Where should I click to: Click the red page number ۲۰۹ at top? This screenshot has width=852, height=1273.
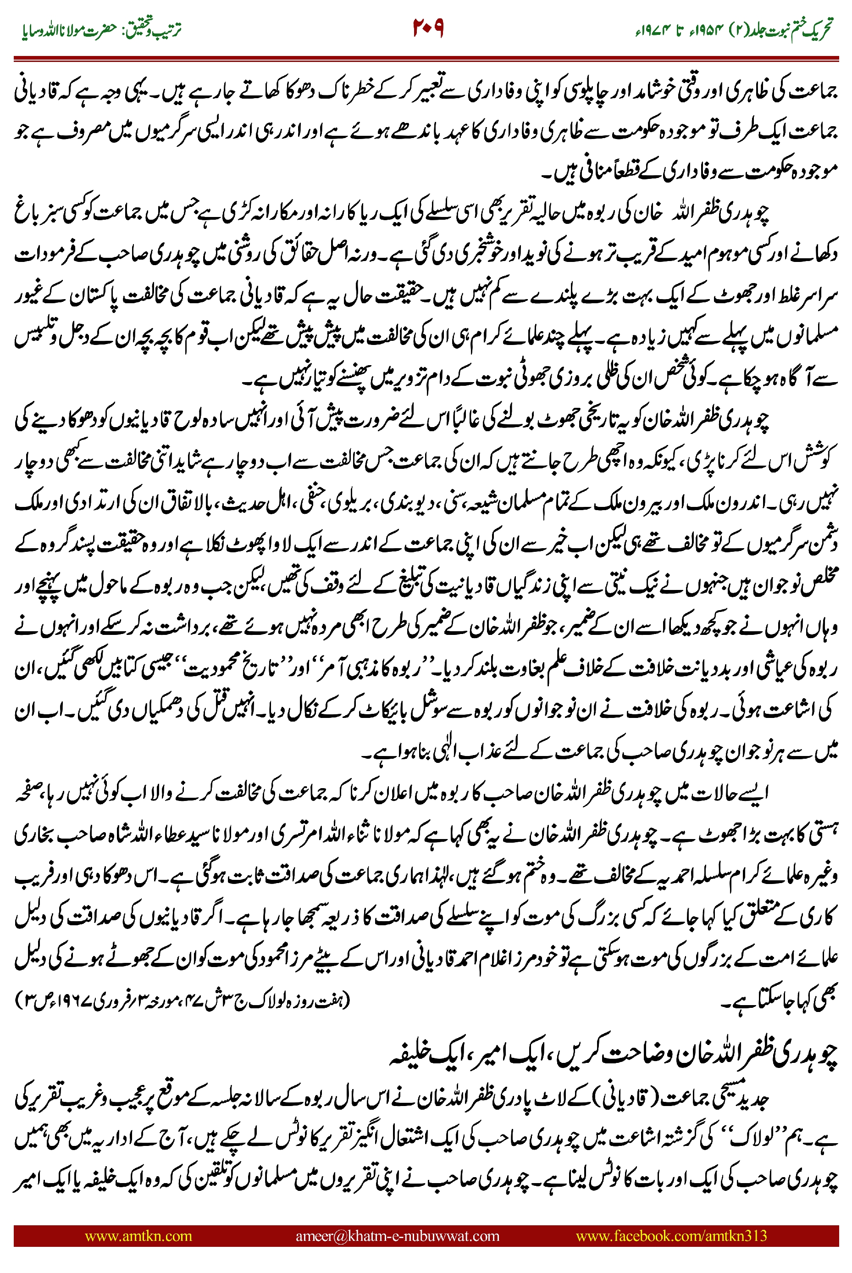click(428, 27)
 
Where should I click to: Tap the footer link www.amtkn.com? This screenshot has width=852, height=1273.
click(138, 1235)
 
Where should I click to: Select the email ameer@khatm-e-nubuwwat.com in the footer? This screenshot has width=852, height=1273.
click(397, 1235)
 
